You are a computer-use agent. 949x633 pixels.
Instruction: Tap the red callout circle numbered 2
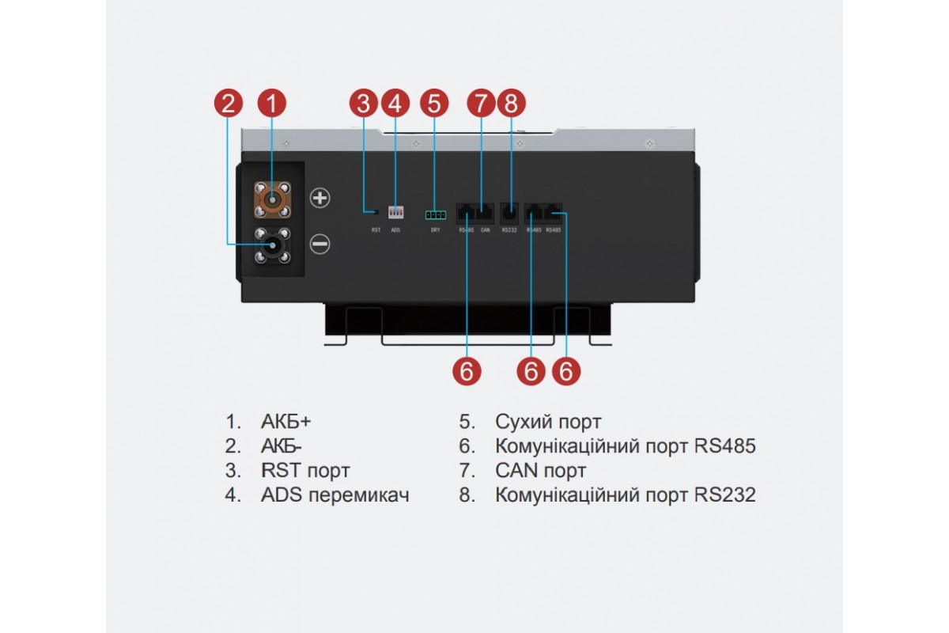click(x=229, y=103)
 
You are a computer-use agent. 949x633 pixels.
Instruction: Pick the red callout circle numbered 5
click(x=433, y=103)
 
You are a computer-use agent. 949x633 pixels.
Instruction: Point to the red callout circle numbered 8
click(x=510, y=103)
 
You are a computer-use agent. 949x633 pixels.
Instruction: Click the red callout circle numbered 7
click(x=480, y=103)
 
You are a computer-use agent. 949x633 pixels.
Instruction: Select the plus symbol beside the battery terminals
click(x=319, y=198)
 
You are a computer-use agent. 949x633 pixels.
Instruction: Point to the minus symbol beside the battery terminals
click(x=319, y=244)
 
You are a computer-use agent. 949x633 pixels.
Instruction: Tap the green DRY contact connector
click(x=434, y=214)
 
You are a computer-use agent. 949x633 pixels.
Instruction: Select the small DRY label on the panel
click(x=435, y=230)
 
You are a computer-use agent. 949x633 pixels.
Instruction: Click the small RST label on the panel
click(x=376, y=230)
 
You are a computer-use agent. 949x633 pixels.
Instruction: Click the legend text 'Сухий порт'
click(x=548, y=422)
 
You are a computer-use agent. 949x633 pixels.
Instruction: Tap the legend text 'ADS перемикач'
click(x=335, y=495)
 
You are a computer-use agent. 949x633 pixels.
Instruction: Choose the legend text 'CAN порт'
click(x=541, y=471)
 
